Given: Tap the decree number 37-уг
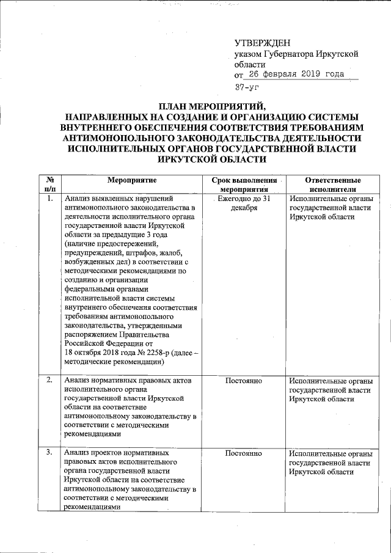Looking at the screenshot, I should click(x=246, y=87).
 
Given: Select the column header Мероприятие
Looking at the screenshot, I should click(x=132, y=181).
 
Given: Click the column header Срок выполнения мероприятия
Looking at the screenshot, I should click(x=244, y=185).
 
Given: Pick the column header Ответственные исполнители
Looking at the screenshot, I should click(x=332, y=185).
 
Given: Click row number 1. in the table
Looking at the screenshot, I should click(x=50, y=199).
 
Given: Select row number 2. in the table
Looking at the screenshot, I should click(x=50, y=381).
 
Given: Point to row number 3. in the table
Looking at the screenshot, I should click(x=50, y=453).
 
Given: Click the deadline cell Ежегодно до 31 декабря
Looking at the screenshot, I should click(x=244, y=203).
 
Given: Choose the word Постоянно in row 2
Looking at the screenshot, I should click(x=244, y=381).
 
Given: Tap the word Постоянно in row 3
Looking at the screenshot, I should click(x=244, y=453).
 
